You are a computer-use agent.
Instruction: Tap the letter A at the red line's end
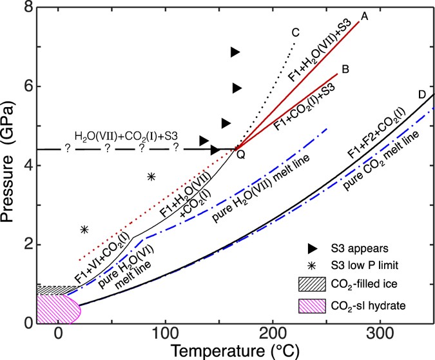(364, 15)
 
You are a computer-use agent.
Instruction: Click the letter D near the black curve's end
(421, 95)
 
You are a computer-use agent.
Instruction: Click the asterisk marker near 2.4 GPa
(84, 229)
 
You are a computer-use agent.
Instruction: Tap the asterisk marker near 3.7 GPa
(151, 176)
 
